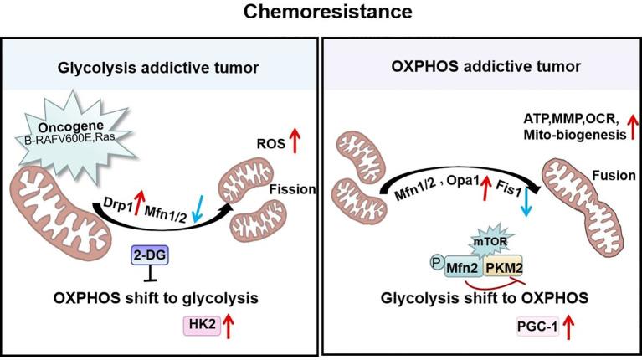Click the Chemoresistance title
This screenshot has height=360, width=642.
coord(321,13)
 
